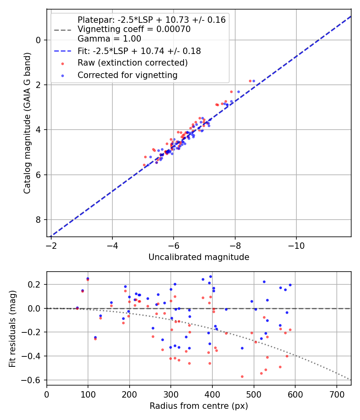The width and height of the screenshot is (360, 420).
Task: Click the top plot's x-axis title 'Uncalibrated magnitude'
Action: [x=199, y=257]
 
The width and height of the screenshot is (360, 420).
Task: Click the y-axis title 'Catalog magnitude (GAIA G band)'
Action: [x=27, y=122]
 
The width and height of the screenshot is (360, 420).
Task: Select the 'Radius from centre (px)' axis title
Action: [x=199, y=406]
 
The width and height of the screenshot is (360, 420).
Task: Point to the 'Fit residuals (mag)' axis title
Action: [x=12, y=328]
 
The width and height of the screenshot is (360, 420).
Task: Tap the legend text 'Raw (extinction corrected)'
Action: [x=132, y=63]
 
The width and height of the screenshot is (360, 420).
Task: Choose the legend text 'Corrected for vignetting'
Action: [x=127, y=75]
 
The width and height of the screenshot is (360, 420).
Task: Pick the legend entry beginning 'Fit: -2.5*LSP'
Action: [x=139, y=51]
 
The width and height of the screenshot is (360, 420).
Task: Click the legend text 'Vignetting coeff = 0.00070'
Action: [x=134, y=29]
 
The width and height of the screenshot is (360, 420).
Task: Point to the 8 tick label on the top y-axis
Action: [x=39, y=220]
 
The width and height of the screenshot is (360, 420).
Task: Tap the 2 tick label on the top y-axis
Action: [x=39, y=85]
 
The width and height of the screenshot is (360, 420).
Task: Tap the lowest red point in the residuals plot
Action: [x=242, y=376]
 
